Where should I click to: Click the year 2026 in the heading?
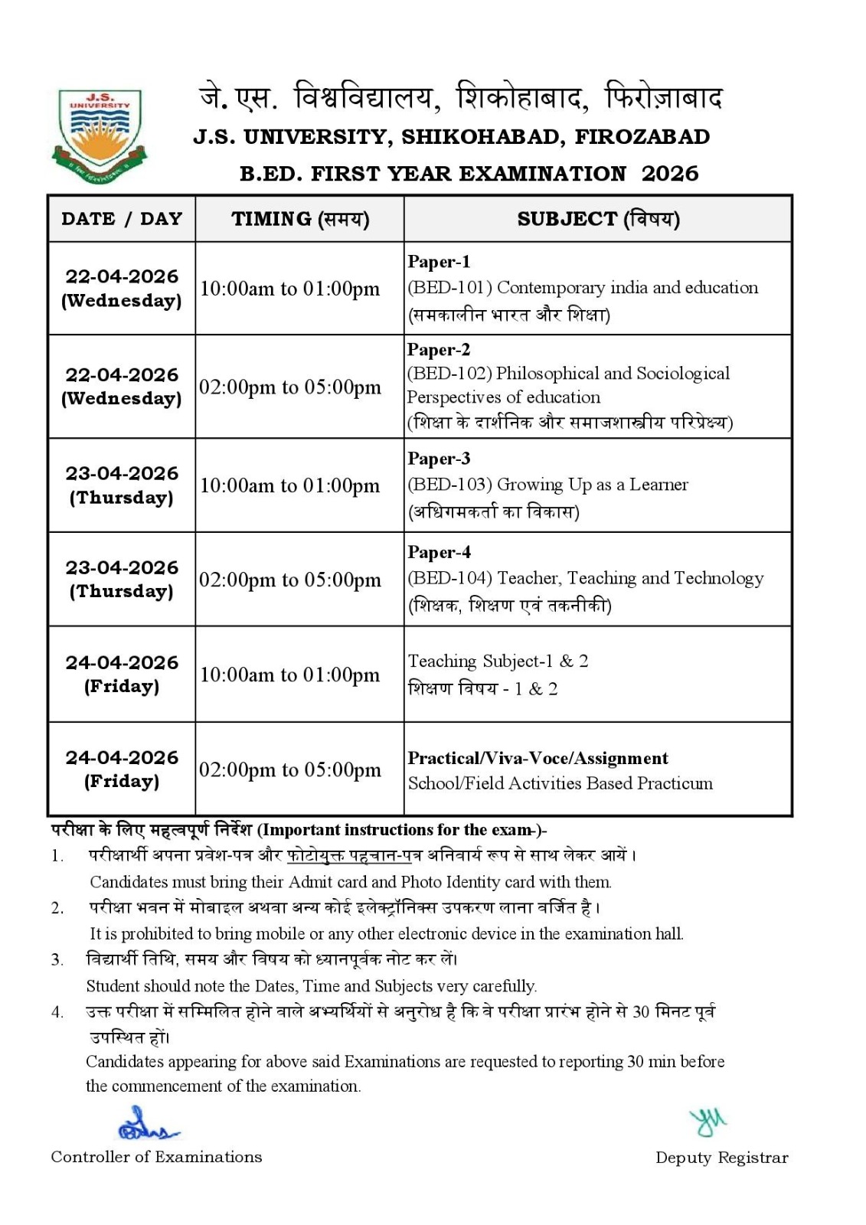tap(670, 174)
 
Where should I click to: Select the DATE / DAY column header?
tap(122, 219)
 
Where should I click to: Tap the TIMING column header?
tap(300, 220)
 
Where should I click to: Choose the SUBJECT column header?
tap(598, 219)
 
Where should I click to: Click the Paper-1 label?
tap(439, 262)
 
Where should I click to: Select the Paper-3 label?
tap(439, 459)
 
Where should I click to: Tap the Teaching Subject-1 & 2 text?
tap(498, 661)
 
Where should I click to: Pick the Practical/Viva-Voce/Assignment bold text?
tap(538, 758)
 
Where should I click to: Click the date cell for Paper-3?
tap(122, 485)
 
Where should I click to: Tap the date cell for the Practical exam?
tap(122, 769)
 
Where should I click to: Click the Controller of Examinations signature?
tap(145, 1125)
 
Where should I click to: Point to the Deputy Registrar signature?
tap(708, 1122)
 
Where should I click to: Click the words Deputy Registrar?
tap(721, 1158)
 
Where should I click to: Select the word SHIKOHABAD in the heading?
tap(483, 137)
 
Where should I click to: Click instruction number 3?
tap(57, 959)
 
